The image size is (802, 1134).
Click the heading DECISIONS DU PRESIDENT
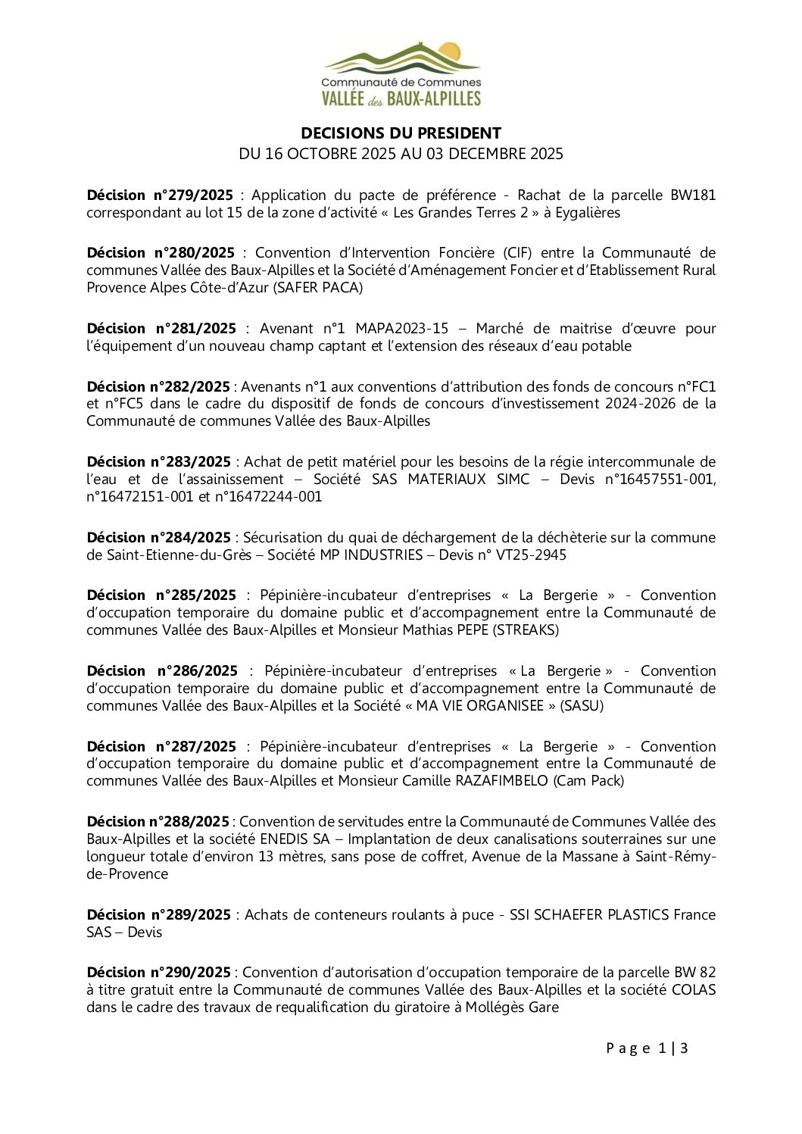click(401, 133)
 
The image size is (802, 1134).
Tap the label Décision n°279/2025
click(160, 195)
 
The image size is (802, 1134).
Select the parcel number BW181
click(692, 195)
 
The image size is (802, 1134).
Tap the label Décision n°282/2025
click(158, 387)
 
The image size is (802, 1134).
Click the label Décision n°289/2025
click(159, 915)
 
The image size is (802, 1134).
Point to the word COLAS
click(693, 990)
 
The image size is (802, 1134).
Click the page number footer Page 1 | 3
click(647, 1048)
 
